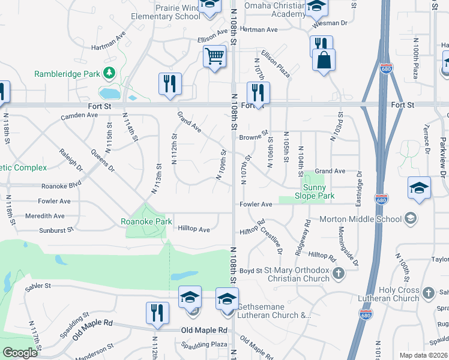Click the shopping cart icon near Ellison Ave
[x=215, y=57]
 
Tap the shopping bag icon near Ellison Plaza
[x=324, y=60]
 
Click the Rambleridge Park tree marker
[x=109, y=73]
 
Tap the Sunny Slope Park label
[x=314, y=191]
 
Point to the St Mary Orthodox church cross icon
[x=339, y=274]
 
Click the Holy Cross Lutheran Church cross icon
[x=428, y=293]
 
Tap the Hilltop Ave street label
[x=194, y=229]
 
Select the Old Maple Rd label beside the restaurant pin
[x=205, y=331]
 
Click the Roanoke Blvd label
[x=61, y=187]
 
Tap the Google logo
[x=20, y=353]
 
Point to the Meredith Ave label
[x=44, y=216]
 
